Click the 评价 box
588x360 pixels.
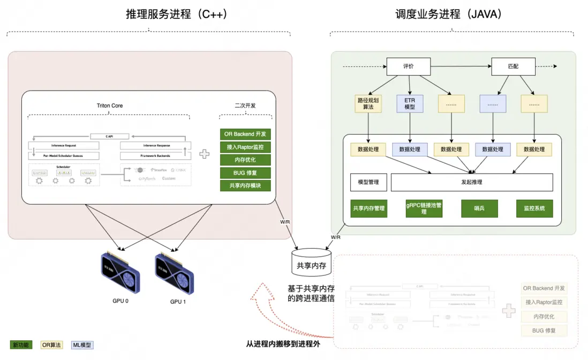(x=409, y=66)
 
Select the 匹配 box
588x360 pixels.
(x=513, y=66)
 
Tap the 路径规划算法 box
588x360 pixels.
(x=368, y=103)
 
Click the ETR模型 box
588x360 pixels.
(x=410, y=103)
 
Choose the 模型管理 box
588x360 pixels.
(x=368, y=182)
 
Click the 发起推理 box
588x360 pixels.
(x=472, y=182)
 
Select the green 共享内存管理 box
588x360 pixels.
(x=369, y=208)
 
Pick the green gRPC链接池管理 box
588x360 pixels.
(x=424, y=208)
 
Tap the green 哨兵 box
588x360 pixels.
(x=479, y=208)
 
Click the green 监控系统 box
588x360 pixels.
(x=534, y=208)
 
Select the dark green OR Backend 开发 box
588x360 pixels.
(x=245, y=134)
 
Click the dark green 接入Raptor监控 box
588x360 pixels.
(x=245, y=147)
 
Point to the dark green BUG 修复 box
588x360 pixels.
(x=245, y=173)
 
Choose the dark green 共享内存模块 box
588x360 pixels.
(x=245, y=186)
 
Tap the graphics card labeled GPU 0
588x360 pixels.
(x=120, y=274)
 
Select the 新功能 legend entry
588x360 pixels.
(x=21, y=345)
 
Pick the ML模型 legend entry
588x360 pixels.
(x=82, y=345)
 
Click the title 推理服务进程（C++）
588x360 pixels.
(x=177, y=14)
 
